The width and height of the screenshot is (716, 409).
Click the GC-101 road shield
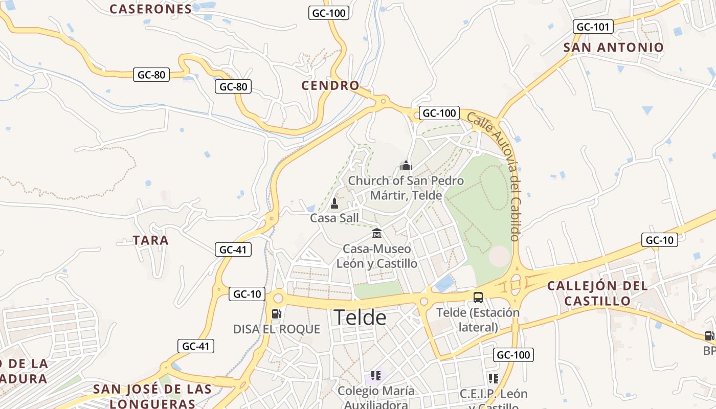[x=594, y=27]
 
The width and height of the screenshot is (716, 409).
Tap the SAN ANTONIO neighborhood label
[x=613, y=48]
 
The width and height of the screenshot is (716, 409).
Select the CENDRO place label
[x=330, y=85]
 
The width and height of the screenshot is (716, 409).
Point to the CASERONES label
[x=151, y=9]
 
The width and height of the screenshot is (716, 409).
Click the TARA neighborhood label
[x=150, y=240]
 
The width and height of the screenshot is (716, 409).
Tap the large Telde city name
[x=360, y=317]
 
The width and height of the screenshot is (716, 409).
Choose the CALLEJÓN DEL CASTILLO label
[x=597, y=293]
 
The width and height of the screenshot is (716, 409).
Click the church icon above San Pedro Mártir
[x=406, y=165]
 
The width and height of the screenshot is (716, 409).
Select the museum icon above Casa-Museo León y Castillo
[x=377, y=233]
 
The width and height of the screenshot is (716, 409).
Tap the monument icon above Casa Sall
[x=334, y=203]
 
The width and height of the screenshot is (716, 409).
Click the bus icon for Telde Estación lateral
[x=478, y=297]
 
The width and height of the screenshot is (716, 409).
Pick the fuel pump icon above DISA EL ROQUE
[x=276, y=313]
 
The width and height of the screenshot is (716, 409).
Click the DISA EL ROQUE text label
[x=276, y=329]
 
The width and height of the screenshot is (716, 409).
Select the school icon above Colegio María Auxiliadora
[x=376, y=376]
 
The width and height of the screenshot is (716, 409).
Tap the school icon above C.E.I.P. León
[x=494, y=379]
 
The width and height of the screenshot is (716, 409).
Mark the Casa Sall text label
[x=334, y=218]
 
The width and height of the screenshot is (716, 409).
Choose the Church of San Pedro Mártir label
[x=406, y=188]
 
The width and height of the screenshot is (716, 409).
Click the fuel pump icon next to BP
[x=709, y=336]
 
